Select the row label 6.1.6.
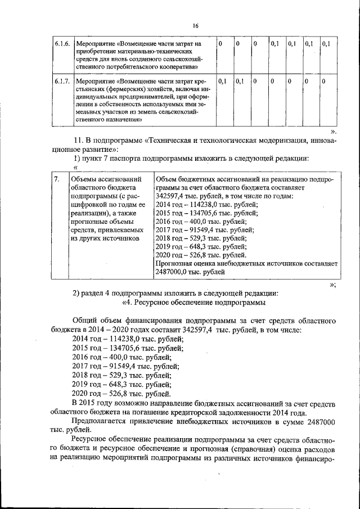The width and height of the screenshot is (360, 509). coord(62,43)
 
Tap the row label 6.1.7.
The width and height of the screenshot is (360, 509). coord(62,82)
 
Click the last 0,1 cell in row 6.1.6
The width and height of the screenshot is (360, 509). coord(327,43)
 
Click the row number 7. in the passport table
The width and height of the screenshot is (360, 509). coord(56,179)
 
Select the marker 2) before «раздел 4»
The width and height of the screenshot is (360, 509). coord(78,293)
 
